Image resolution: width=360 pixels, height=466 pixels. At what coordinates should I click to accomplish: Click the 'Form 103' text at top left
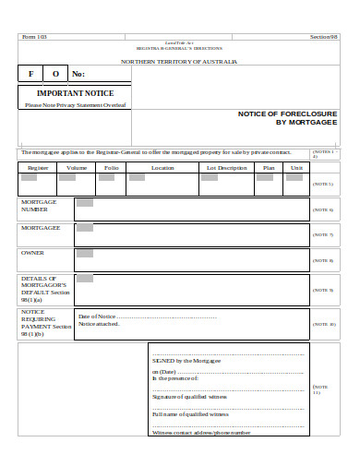[34, 36]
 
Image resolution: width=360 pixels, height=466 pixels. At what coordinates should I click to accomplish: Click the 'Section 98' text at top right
[325, 36]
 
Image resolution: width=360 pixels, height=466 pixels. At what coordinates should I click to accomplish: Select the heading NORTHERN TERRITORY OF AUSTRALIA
[179, 61]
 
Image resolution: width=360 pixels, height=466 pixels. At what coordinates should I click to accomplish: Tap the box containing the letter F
[30, 74]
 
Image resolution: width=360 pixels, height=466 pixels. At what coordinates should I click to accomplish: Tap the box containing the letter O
[55, 74]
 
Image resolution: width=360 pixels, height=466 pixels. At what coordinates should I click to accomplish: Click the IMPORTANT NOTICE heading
[76, 94]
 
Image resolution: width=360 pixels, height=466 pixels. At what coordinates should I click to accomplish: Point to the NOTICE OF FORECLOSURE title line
[288, 113]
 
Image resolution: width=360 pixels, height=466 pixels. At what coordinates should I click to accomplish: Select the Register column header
[38, 168]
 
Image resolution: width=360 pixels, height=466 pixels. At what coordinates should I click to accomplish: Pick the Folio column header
[112, 168]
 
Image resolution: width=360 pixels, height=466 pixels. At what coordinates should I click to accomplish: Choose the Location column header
[162, 168]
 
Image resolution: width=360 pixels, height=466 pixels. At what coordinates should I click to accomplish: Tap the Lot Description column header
[226, 168]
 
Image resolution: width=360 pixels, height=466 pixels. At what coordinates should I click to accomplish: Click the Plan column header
[270, 168]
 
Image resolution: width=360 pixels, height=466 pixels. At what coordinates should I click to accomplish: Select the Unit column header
[296, 168]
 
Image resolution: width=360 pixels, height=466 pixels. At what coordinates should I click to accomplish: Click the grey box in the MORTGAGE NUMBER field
[85, 202]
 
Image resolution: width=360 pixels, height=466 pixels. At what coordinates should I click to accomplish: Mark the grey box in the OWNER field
[85, 252]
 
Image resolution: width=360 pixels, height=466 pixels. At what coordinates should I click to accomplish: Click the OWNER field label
[33, 252]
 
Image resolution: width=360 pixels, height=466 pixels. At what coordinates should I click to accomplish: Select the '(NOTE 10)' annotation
[325, 324]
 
